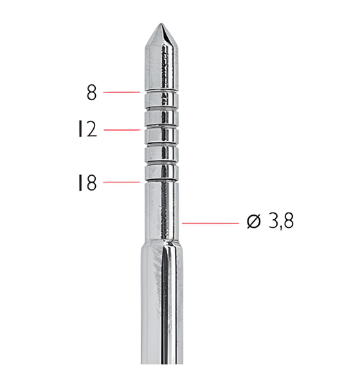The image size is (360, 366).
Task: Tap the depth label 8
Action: pos(91,92)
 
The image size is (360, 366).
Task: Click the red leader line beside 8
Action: pos(122,92)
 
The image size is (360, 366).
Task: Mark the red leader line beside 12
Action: pos(122,130)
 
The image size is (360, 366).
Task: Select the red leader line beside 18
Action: pos(122,183)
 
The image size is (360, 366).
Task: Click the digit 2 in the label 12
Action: pos(91,130)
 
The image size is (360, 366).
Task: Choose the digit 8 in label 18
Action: pos(91,183)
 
